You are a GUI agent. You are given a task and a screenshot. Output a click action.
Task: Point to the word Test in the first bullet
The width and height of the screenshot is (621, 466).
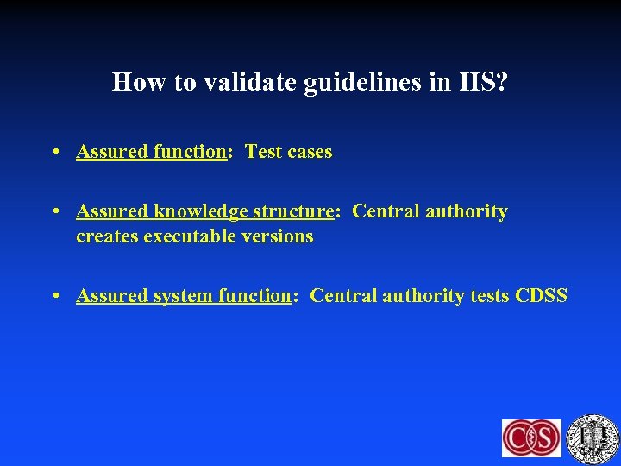coord(263,152)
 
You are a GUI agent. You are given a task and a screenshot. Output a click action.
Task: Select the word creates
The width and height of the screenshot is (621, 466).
coord(106,236)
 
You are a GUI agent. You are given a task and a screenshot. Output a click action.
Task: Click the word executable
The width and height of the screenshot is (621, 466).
coord(191,236)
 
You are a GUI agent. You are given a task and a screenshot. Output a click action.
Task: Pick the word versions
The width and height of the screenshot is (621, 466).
coord(279,236)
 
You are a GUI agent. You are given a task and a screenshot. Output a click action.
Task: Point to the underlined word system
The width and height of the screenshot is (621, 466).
coord(183,296)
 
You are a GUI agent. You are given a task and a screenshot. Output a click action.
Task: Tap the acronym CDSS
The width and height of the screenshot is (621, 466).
coord(542,296)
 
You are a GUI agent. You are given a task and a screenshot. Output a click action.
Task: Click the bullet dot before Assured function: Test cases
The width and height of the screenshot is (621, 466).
coord(55,153)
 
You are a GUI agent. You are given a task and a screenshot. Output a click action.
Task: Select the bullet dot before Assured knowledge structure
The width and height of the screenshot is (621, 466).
coord(55,212)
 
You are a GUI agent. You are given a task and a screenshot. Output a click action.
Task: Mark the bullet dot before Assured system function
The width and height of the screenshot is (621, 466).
coord(55,297)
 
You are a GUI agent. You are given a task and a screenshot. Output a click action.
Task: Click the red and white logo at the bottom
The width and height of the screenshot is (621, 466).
coord(531,438)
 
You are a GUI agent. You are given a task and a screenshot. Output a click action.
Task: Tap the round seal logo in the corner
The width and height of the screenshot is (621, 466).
coord(593,437)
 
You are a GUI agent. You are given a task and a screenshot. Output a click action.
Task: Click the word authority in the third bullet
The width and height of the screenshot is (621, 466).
coord(423,296)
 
